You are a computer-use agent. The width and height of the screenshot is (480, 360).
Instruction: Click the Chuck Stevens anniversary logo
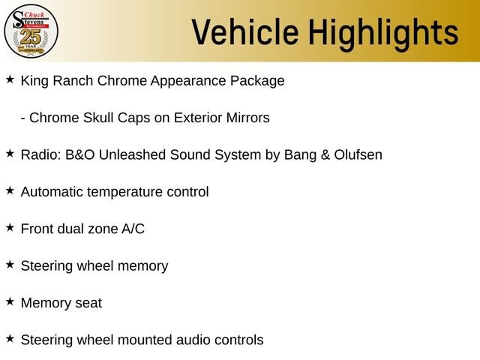(31, 31)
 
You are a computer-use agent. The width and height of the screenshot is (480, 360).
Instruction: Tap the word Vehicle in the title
(245, 31)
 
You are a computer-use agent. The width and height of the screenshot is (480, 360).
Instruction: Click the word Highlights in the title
(383, 34)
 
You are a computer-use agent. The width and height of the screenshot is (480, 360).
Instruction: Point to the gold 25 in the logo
(31, 37)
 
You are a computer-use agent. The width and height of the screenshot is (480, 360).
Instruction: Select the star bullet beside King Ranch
(10, 79)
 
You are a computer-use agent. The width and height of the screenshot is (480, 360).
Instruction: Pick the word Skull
(98, 118)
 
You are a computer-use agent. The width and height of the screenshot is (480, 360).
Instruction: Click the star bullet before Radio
(10, 153)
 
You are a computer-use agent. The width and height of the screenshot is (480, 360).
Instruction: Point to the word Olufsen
(358, 154)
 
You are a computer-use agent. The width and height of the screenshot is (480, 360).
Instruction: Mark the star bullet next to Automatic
(10, 190)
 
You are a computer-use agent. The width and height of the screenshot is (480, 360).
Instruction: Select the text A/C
(133, 229)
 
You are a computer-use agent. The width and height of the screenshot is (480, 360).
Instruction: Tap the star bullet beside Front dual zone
(10, 227)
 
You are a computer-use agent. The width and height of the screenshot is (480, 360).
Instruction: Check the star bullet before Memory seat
(10, 301)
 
